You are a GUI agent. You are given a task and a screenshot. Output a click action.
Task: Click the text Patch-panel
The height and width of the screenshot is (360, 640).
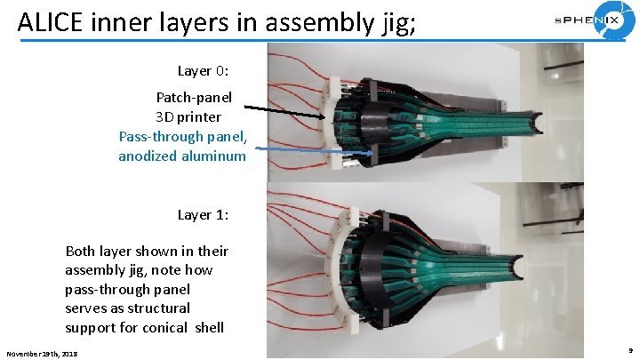click(194, 97)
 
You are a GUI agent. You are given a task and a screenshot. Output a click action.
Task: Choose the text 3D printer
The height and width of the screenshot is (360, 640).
click(188, 116)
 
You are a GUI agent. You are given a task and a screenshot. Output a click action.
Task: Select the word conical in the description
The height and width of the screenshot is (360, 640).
click(173, 328)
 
